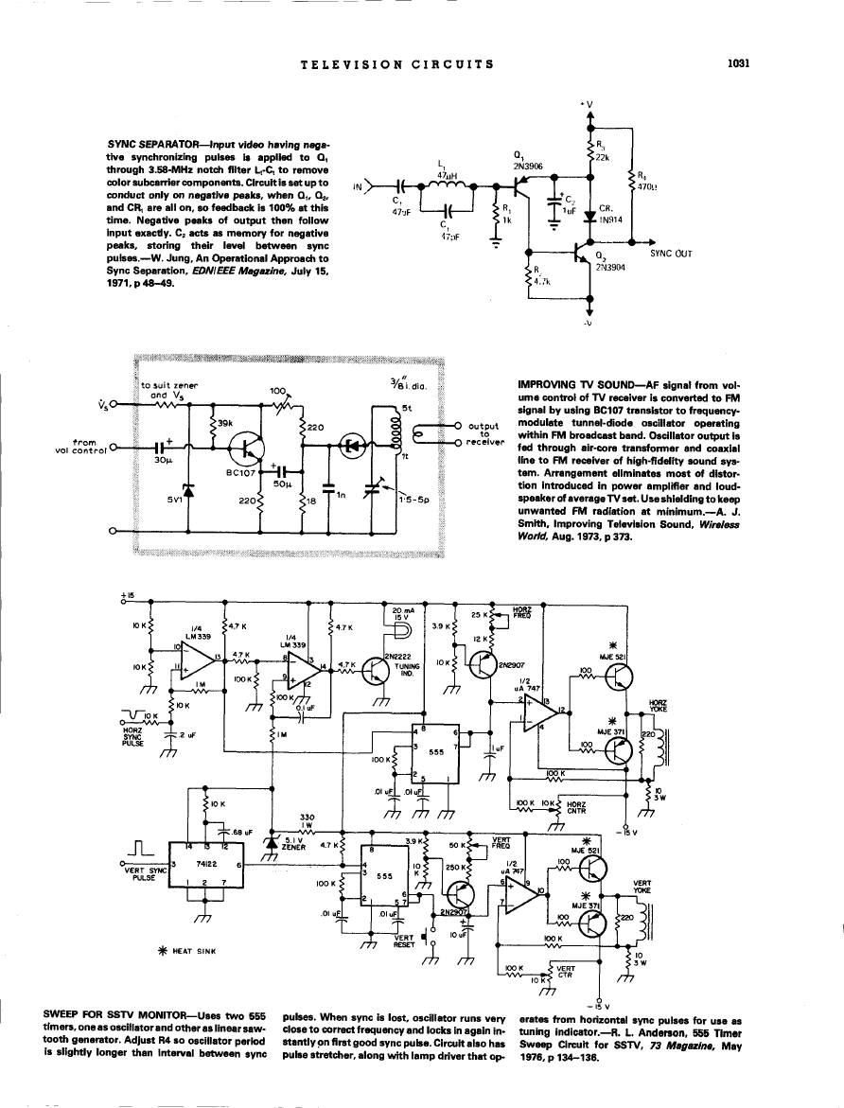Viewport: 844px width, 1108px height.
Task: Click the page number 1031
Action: pyautogui.click(x=738, y=64)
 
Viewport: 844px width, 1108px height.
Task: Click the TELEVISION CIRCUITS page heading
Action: pyautogui.click(x=396, y=64)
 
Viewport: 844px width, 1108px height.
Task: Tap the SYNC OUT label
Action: pyautogui.click(x=671, y=253)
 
